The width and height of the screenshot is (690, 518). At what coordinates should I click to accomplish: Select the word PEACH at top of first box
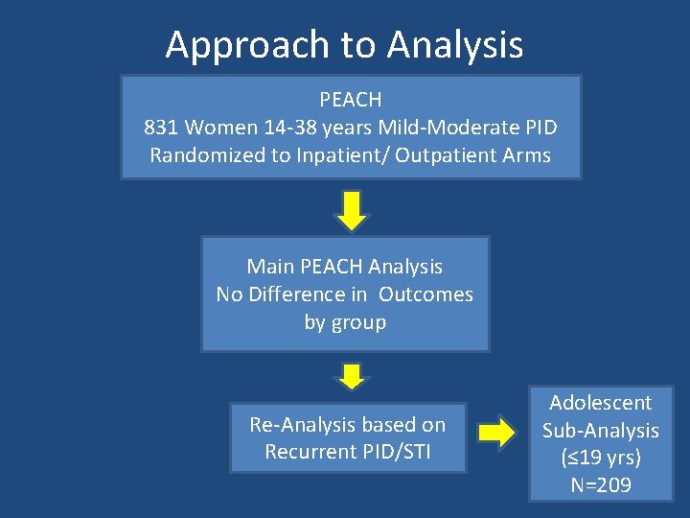coord(350,100)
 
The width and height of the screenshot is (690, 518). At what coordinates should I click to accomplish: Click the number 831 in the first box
coord(161,128)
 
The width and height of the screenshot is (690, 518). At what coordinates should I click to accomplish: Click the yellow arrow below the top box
coord(352,210)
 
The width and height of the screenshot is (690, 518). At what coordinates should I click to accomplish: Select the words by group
coord(345,322)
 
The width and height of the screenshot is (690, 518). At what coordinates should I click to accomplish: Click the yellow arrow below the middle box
coord(352,375)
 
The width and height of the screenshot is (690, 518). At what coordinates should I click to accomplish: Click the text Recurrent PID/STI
coord(347,451)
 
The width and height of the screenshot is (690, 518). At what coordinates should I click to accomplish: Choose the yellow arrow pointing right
coord(496,435)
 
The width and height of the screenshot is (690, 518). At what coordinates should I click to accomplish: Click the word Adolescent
coord(601,403)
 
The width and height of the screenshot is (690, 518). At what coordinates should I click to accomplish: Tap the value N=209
coord(601,485)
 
